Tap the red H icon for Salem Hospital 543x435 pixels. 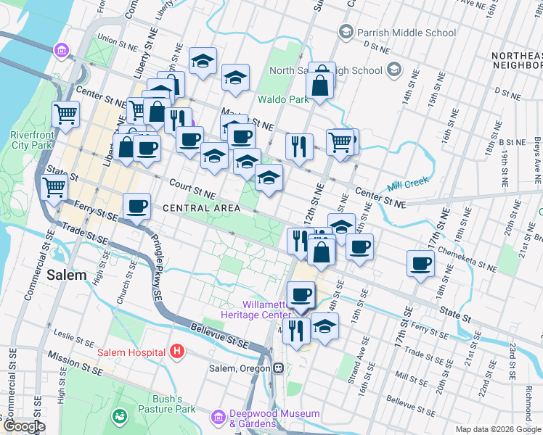tap(176, 352)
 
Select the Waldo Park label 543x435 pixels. tap(281, 99)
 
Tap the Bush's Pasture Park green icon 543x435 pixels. tap(118, 416)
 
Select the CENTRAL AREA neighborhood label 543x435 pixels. tap(201, 208)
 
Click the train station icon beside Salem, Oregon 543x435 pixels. tap(278, 368)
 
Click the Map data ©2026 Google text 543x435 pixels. tap(497, 429)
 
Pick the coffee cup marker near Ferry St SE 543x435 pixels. tap(136, 207)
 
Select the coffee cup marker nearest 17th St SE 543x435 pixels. tap(420, 264)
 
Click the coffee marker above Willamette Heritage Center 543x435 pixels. tap(301, 294)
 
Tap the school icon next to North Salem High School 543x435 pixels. tap(394, 70)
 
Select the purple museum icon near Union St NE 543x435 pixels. tap(61, 51)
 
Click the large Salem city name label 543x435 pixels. tap(67, 275)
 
